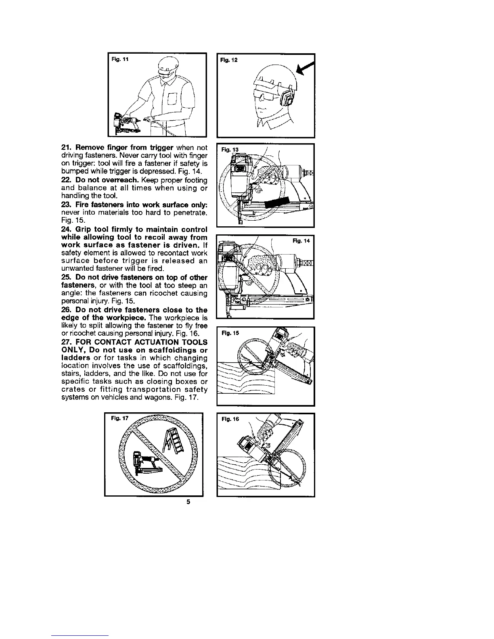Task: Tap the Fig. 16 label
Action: tap(230, 419)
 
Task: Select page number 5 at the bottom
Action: tap(188, 502)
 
